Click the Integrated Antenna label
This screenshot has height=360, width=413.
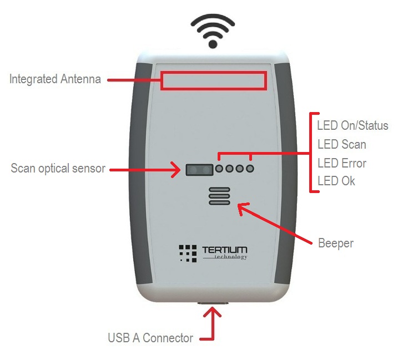[55, 79]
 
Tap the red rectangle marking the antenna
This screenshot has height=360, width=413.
[214, 80]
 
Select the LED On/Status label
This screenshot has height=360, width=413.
[352, 125]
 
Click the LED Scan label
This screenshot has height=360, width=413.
[341, 144]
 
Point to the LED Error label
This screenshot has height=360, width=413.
[341, 163]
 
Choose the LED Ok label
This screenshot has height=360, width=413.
[336, 181]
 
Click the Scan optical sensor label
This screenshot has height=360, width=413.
[58, 169]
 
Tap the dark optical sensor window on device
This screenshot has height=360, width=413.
[200, 169]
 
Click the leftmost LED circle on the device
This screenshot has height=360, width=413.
[220, 169]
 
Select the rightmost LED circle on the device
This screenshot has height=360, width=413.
[250, 169]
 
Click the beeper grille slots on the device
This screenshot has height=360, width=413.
[219, 196]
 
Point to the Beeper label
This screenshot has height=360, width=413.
[335, 243]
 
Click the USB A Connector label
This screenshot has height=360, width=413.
[150, 338]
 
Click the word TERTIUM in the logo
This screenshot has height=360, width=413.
[225, 250]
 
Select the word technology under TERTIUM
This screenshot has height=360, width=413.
[230, 257]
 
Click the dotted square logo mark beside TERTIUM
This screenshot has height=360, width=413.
[188, 253]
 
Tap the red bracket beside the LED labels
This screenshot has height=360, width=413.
[312, 152]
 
